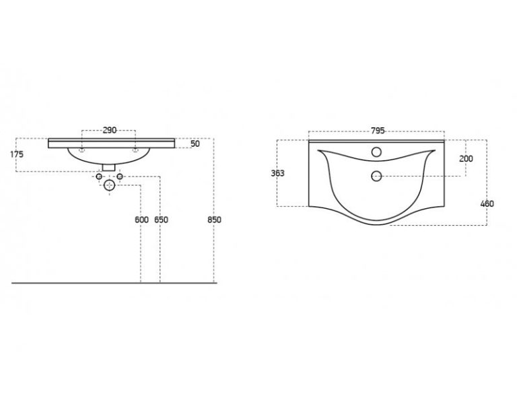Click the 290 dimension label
tap(110, 130)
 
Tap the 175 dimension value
tap(17, 154)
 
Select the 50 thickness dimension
tap(195, 144)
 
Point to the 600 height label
tap(142, 220)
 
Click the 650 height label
tap(162, 220)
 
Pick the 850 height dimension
tap(214, 220)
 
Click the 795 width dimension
tap(378, 131)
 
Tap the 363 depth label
tap(277, 173)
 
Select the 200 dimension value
tap(467, 159)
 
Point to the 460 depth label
tap(487, 204)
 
